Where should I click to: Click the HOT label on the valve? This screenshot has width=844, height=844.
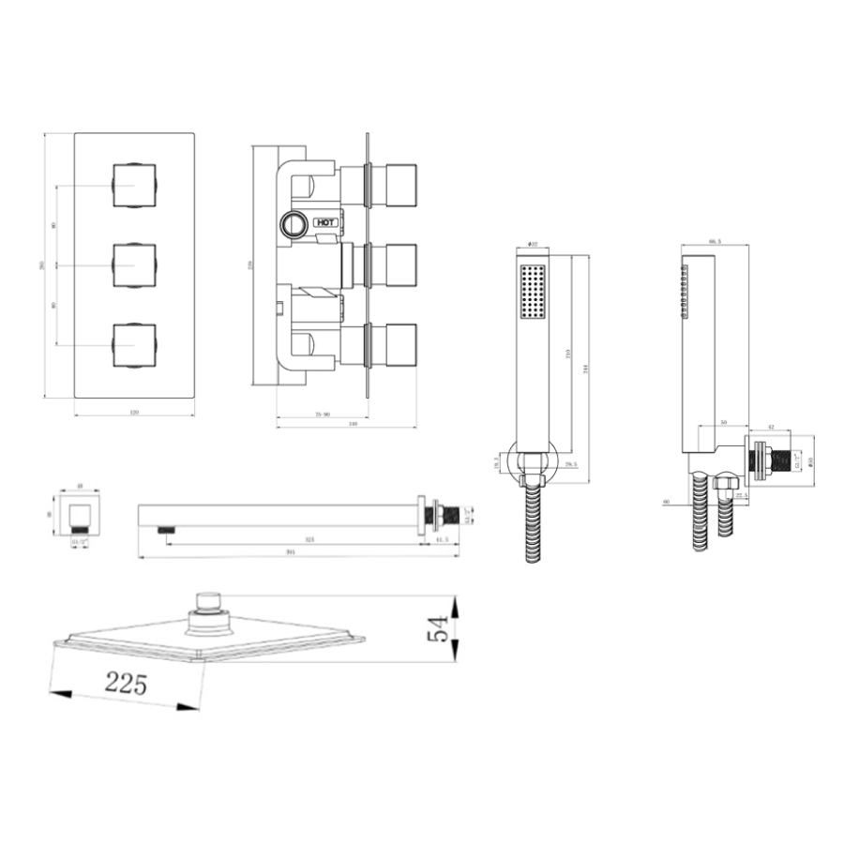pos(325,222)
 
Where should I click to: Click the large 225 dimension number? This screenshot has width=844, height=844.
pos(127,683)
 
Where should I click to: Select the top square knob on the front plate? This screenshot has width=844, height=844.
pos(133,185)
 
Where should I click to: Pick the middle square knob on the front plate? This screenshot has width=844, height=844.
pos(133,264)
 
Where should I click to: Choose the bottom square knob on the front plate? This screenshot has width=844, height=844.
pos(133,345)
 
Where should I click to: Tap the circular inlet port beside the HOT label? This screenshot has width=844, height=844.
pos(293,223)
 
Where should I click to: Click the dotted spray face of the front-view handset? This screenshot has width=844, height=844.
pos(532,292)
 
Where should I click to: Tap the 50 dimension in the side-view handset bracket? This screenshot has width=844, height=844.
pos(722,423)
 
